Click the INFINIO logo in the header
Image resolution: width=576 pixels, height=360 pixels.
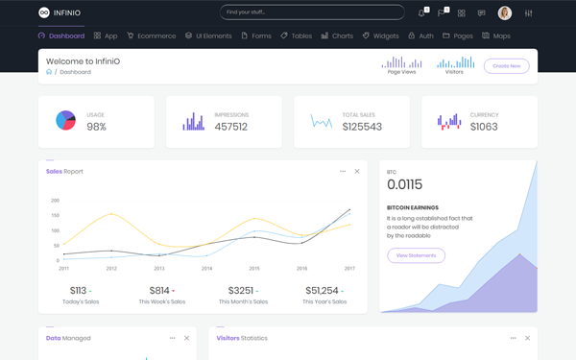[60, 12]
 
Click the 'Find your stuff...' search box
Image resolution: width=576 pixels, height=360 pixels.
[312, 12]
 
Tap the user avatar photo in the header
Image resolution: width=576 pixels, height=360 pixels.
[505, 13]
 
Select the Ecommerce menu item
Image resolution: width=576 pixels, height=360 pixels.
[152, 36]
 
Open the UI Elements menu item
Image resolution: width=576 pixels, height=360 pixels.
[208, 36]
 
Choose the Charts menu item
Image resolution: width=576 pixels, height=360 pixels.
[337, 36]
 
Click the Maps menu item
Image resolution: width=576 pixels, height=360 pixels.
[496, 36]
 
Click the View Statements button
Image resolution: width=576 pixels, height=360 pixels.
[416, 255]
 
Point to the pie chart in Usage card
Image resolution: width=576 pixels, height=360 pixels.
[65, 121]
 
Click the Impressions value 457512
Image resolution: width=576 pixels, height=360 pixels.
[230, 127]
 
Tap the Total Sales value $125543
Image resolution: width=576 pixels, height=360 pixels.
[362, 127]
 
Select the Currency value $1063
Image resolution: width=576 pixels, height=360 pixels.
[484, 127]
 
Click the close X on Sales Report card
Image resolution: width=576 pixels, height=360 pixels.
[357, 172]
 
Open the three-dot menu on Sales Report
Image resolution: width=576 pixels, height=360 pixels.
[343, 172]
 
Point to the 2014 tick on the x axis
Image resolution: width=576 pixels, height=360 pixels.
[206, 269]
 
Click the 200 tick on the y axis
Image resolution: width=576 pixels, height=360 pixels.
[55, 201]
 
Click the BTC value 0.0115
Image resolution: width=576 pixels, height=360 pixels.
[404, 184]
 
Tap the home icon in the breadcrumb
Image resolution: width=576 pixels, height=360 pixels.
[49, 72]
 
